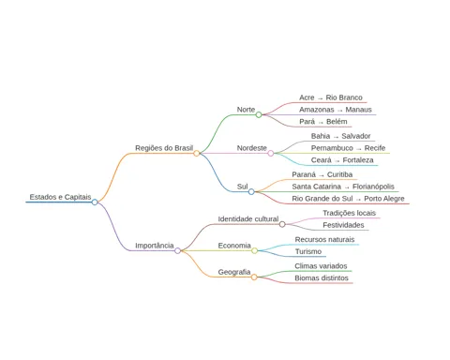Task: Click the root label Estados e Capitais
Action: coord(60,197)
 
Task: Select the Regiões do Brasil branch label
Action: coord(164,148)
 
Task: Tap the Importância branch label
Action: coord(155,246)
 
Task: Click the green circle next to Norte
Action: coord(259,114)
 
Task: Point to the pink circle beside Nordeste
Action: coord(271,153)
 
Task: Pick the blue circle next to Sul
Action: coord(251,191)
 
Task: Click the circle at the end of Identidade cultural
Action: coord(282,224)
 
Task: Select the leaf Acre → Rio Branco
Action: coord(331,97)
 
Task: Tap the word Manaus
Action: coord(358,110)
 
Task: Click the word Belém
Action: coord(337,122)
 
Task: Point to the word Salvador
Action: coord(356,136)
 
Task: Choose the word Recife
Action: coord(375,148)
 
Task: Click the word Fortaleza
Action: coord(358,160)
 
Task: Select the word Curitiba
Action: coord(339,174)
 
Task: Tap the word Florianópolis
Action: coord(373,187)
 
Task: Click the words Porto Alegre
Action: coord(384,199)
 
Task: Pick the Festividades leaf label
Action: coord(343,225)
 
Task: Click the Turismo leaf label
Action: coord(308,251)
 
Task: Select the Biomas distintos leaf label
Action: coord(322,278)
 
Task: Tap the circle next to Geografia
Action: coord(254,277)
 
